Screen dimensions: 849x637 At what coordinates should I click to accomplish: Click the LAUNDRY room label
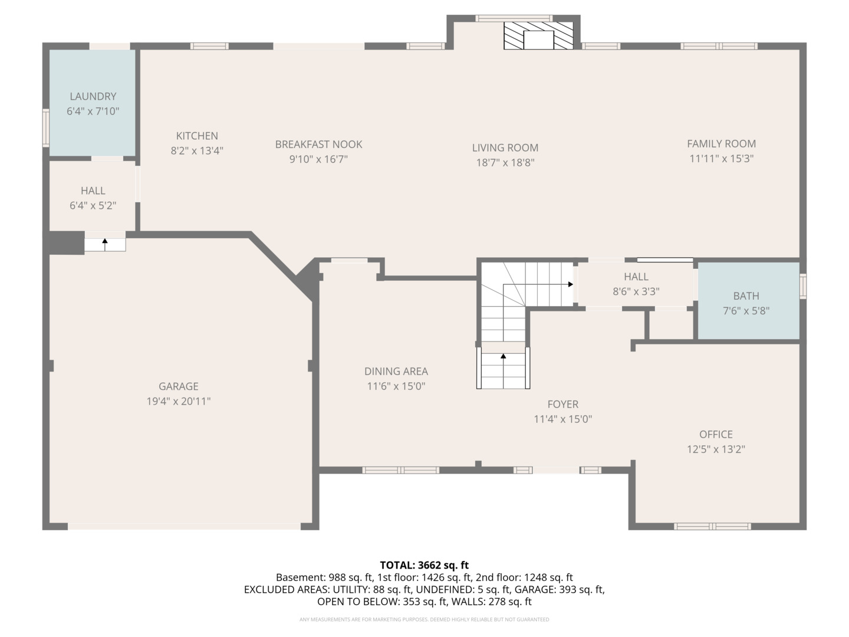[x=93, y=96]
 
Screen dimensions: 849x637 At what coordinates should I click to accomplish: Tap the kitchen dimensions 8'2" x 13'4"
[x=198, y=150]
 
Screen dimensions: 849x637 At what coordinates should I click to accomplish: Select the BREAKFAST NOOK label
[x=319, y=145]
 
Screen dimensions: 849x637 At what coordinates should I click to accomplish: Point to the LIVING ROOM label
[x=505, y=147]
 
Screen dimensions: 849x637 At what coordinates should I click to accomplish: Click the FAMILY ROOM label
[x=722, y=144]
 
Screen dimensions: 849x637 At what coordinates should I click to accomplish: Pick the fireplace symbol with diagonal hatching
[x=538, y=35]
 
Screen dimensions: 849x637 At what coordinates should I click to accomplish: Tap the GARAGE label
[x=179, y=386]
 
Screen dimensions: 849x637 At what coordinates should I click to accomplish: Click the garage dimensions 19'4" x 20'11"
[x=179, y=401]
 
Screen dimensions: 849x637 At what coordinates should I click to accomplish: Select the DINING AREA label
[x=396, y=372]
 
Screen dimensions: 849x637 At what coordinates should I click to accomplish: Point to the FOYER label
[x=563, y=404]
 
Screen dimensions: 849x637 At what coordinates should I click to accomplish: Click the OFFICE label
[x=716, y=434]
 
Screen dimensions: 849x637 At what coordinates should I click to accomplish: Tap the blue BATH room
[x=748, y=301]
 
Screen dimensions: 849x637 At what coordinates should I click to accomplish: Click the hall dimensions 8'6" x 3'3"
[x=636, y=291]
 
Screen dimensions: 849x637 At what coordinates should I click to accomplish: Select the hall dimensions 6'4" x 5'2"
[x=93, y=205]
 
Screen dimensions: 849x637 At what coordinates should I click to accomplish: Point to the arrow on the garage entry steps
[x=105, y=244]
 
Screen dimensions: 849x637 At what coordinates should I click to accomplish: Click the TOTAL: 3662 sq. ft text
[x=424, y=565]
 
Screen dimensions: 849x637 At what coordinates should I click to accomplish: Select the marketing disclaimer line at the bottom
[x=424, y=619]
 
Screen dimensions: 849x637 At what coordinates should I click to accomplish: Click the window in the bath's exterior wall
[x=803, y=286]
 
